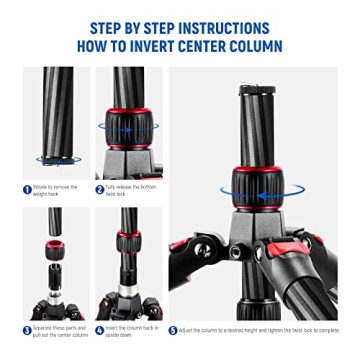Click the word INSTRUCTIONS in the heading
(228, 27)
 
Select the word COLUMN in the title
(252, 47)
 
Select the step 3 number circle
(28, 330)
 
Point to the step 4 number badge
(100, 330)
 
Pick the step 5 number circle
(172, 330)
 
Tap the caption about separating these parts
(58, 330)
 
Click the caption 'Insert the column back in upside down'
(130, 330)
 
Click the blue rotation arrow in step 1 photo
(54, 159)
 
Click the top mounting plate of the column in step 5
(257, 89)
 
